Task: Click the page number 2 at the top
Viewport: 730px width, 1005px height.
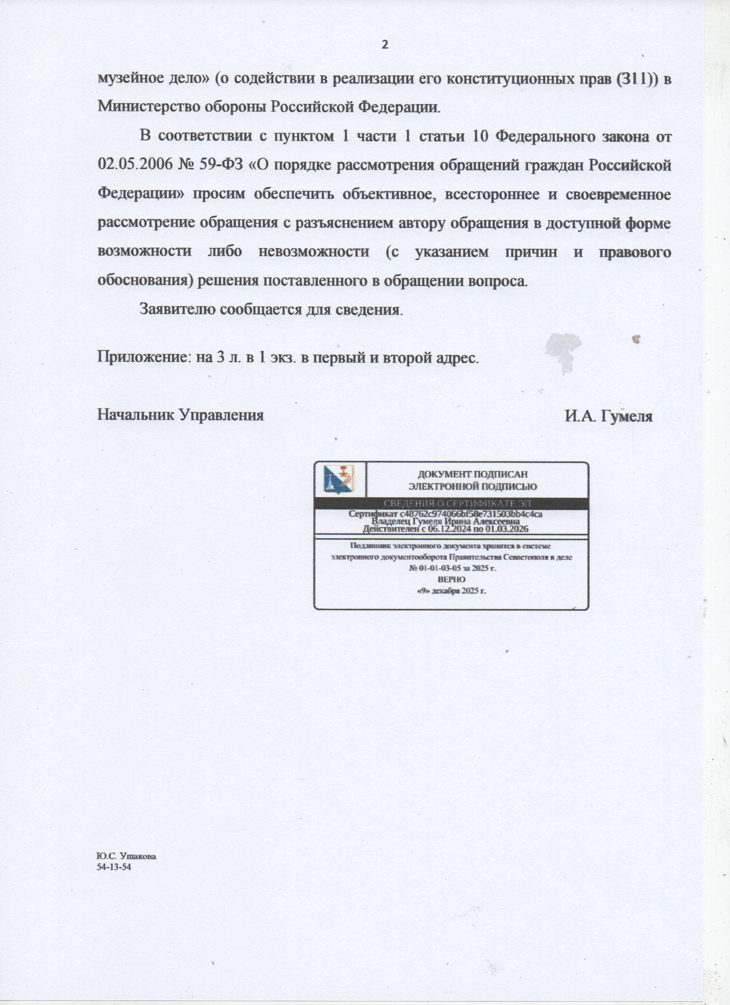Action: (384, 45)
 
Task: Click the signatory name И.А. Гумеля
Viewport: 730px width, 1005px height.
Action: (608, 416)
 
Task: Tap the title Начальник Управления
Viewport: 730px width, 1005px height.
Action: (180, 415)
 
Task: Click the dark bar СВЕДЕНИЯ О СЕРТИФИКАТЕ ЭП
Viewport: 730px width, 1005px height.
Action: (457, 503)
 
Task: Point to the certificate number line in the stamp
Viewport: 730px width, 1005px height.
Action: (445, 514)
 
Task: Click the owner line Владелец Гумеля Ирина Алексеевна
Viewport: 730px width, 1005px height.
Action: (445, 522)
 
